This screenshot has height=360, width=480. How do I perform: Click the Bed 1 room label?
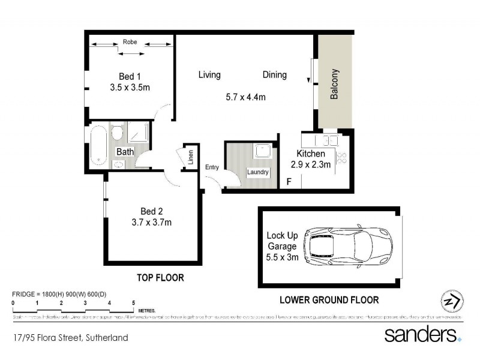[x=130, y=76]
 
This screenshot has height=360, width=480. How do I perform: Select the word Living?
[x=209, y=75]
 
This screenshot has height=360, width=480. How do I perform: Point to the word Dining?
[x=274, y=75]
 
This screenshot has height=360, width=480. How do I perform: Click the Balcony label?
[x=335, y=85]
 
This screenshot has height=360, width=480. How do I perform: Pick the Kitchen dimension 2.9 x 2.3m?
[x=310, y=165]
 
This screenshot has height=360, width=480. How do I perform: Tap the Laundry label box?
[x=258, y=173]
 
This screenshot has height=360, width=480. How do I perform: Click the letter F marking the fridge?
[x=289, y=182]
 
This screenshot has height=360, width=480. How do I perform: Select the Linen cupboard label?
[x=191, y=157]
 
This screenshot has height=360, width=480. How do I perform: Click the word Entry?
[x=212, y=167]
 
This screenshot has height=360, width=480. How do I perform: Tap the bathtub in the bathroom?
[x=99, y=145]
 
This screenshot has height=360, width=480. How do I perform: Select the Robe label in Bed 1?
[x=130, y=42]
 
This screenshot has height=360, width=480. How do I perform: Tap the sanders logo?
[x=422, y=334]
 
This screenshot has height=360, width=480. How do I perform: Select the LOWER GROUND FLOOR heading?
[x=329, y=299]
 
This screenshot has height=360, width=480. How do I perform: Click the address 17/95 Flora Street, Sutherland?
[x=71, y=338]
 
